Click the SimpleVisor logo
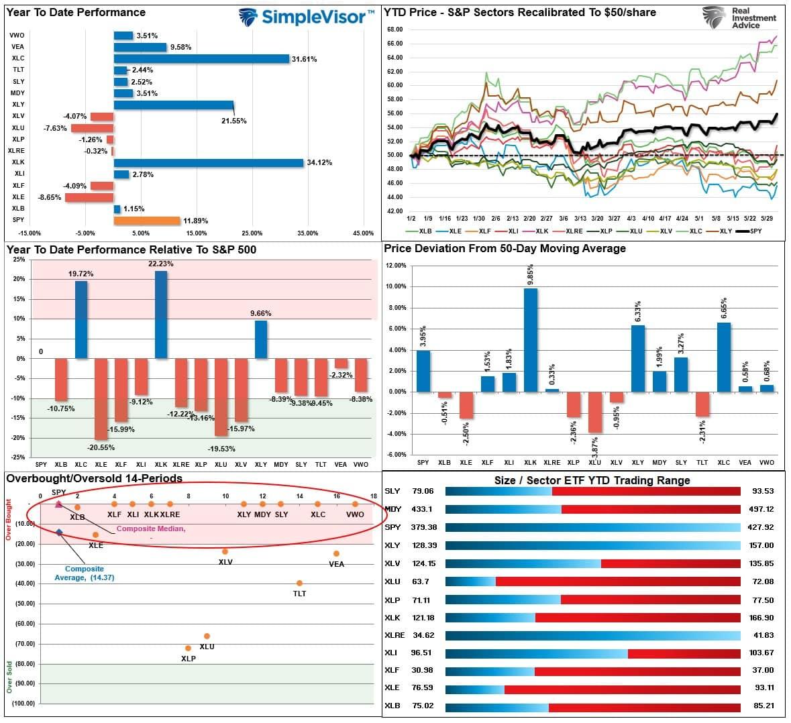click(x=306, y=17)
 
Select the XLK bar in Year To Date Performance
click(x=209, y=163)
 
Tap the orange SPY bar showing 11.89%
click(x=147, y=221)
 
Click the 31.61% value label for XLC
click(x=304, y=59)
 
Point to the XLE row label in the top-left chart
click(x=17, y=197)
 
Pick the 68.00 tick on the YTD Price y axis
click(x=394, y=30)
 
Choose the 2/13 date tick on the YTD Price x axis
click(x=513, y=219)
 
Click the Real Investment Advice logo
click(x=739, y=17)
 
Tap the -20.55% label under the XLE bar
click(x=101, y=447)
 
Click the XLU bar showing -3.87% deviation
click(x=594, y=412)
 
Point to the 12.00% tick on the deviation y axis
click(x=396, y=266)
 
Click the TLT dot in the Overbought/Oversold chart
click(x=299, y=583)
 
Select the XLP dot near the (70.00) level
click(x=188, y=648)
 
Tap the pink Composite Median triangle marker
click(x=58, y=504)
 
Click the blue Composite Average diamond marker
click(x=60, y=533)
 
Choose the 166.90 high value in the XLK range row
click(x=761, y=618)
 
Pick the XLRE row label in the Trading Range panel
click(x=394, y=635)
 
